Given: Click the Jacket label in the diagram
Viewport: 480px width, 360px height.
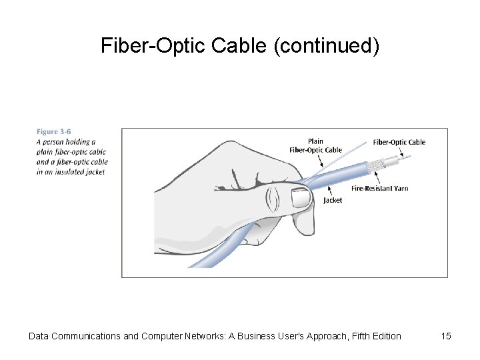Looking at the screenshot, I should point(333,200).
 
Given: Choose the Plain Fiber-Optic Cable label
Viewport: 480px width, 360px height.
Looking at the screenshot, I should point(315,145).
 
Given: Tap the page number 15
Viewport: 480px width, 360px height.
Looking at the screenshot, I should point(446,336).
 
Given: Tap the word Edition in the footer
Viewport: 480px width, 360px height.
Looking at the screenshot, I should point(385,336).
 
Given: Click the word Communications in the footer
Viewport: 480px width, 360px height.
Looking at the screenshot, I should point(87,336).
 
